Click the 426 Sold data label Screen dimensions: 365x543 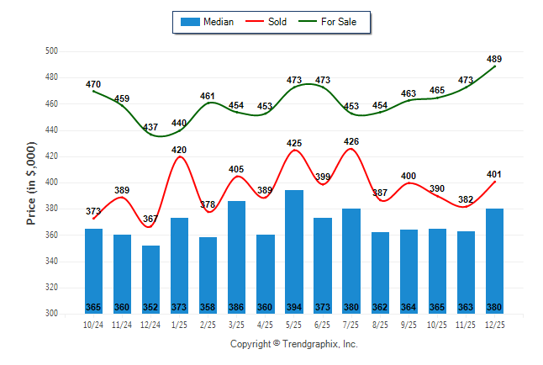351,141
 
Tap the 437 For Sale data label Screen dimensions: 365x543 151,128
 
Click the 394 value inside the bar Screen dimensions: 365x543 294,306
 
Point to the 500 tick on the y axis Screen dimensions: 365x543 50,51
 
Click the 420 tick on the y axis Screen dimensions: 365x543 50,156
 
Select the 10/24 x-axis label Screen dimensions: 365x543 93,324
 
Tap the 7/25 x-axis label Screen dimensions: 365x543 351,324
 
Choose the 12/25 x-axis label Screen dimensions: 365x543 494,324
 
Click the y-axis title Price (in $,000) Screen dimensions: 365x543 31,182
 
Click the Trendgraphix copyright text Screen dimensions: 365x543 294,344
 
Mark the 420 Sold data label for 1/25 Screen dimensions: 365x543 179,150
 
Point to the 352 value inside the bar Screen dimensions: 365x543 151,306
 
